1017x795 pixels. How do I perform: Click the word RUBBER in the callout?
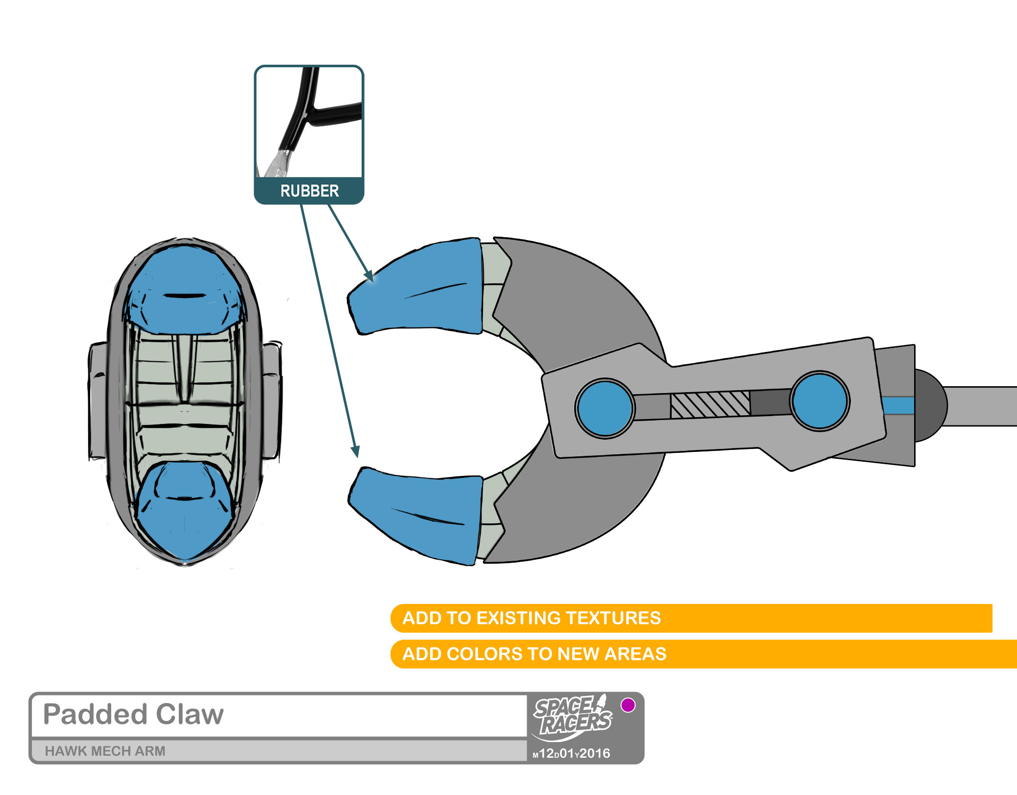coord(309,191)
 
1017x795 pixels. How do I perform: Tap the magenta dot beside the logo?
coord(628,705)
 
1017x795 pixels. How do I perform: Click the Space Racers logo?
coord(572,718)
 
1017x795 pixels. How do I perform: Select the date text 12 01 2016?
coord(572,753)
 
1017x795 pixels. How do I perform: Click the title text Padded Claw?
coord(133,714)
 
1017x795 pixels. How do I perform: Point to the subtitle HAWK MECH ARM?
coord(105,751)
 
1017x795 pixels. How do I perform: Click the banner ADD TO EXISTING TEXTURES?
coord(532,618)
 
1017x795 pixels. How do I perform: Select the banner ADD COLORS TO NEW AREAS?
coord(534,654)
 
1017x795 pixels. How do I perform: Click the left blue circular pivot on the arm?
coord(605,408)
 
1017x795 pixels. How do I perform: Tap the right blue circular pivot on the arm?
coord(820,400)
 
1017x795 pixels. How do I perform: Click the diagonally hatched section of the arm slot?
coord(710,405)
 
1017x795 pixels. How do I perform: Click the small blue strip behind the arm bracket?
coord(898,406)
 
